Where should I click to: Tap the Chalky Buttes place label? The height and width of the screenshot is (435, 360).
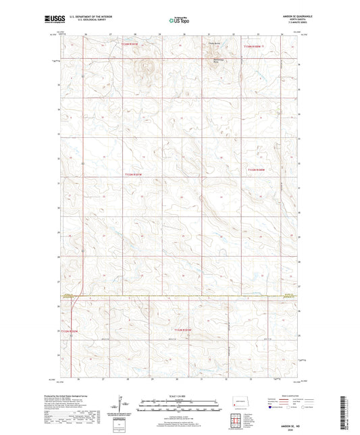(215, 44)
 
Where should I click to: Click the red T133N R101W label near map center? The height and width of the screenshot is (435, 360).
(134, 175)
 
